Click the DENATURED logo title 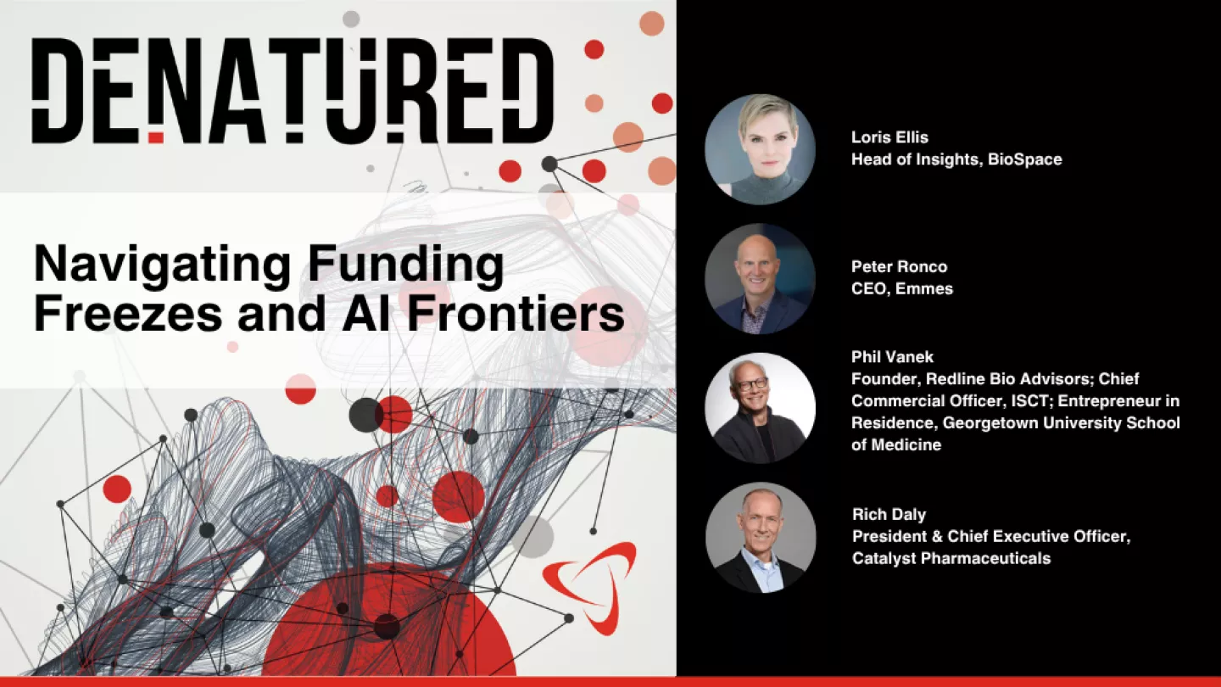293,92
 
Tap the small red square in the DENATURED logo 155,137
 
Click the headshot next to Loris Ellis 760,149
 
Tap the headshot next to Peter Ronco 760,279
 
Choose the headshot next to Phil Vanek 760,408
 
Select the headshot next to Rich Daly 760,538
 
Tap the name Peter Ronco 899,266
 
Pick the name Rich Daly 889,514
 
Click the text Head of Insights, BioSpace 956,159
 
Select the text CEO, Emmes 902,288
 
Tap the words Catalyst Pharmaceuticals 951,558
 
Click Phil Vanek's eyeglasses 752,385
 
